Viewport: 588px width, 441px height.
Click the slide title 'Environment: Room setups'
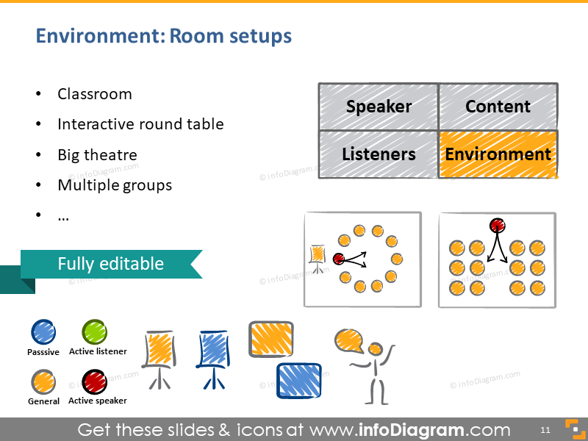click(x=163, y=36)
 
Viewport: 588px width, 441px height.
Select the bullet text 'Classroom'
click(x=95, y=94)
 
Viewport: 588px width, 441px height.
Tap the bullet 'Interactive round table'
click(x=140, y=124)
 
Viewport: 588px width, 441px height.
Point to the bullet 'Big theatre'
click(x=97, y=155)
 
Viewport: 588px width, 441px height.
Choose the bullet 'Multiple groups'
click(x=115, y=185)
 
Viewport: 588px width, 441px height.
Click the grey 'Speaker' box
click(x=379, y=107)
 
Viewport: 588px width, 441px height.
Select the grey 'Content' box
click(x=498, y=107)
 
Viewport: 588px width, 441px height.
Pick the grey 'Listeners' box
click(x=379, y=154)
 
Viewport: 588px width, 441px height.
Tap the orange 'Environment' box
click(x=498, y=154)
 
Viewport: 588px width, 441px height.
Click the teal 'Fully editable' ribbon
click(x=110, y=264)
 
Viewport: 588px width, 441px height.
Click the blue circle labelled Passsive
click(x=43, y=332)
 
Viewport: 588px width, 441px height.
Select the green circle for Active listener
click(x=94, y=332)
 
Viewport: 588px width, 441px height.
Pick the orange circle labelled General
click(x=43, y=382)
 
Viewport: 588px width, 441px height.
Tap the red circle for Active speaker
click(x=94, y=382)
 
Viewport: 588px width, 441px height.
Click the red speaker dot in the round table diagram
click(x=338, y=259)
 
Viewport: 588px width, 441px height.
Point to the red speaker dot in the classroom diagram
click(x=497, y=225)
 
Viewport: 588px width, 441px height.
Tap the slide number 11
click(x=545, y=429)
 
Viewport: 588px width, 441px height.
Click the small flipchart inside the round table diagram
click(x=318, y=256)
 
